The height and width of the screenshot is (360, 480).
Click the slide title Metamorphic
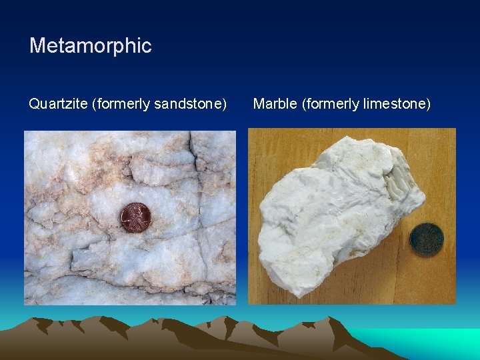(x=91, y=46)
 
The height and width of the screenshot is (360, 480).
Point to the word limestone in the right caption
(x=395, y=104)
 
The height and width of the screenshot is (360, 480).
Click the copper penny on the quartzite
(x=135, y=217)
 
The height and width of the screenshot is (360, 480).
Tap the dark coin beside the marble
(x=427, y=240)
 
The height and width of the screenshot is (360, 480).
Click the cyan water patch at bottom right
(x=440, y=340)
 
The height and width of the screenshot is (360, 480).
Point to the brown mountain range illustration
(x=167, y=337)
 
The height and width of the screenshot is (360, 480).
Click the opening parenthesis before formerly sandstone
(x=95, y=105)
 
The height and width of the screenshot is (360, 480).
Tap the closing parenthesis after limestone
(x=429, y=105)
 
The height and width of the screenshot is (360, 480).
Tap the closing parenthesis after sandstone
(x=225, y=105)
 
